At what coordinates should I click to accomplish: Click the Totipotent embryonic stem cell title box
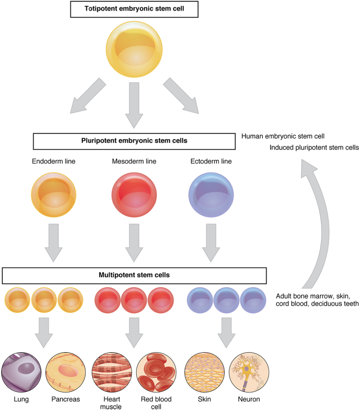point(134,9)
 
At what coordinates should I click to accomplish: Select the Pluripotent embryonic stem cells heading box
point(134,141)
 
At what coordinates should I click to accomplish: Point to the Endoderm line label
point(54,162)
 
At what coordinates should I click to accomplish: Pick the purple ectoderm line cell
point(211,195)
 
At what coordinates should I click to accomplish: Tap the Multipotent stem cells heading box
point(134,275)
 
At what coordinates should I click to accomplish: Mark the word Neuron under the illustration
point(249,399)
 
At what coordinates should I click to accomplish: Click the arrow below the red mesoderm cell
point(134,242)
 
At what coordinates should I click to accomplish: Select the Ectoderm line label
point(211,162)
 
